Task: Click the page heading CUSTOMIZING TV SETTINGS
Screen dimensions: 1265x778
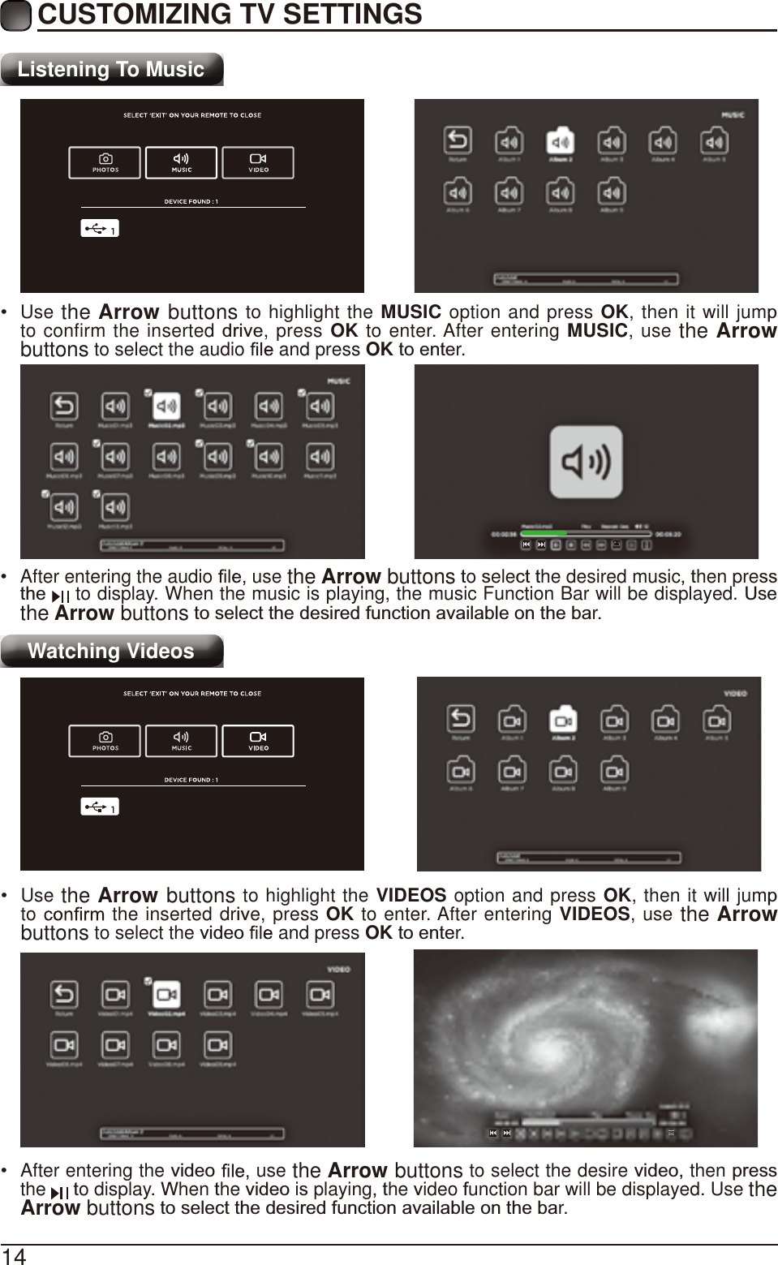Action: [230, 15]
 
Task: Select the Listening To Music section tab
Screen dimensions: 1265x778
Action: [111, 70]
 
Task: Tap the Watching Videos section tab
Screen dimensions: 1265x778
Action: [111, 652]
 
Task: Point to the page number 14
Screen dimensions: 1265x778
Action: [14, 1256]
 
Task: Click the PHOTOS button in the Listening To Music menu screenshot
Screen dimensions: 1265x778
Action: [105, 163]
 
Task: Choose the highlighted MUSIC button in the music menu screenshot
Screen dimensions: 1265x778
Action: [181, 163]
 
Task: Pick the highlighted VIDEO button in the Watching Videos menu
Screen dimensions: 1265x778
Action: [258, 742]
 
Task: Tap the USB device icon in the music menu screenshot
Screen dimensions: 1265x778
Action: [100, 230]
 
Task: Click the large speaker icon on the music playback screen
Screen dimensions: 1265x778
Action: [586, 462]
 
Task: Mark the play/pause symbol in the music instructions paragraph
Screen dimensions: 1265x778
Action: [61, 596]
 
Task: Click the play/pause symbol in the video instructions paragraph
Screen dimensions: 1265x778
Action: [59, 1192]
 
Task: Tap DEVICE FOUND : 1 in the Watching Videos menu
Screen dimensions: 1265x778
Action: [191, 780]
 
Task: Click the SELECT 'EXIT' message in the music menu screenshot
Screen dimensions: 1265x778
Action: [192, 115]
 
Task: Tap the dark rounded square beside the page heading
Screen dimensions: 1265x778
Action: [15, 15]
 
